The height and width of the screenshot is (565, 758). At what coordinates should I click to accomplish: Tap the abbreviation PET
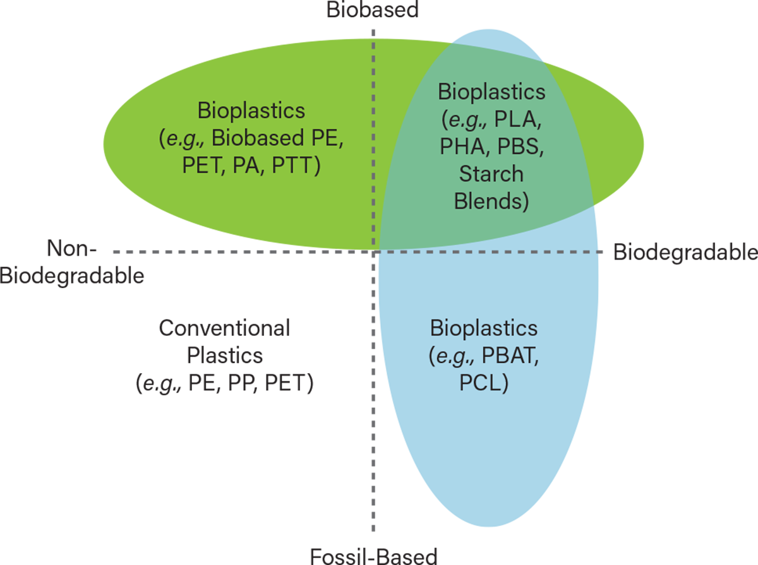(x=201, y=168)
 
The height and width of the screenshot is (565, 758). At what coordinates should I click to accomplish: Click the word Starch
(x=491, y=174)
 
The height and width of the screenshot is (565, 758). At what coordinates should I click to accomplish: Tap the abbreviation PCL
(x=484, y=383)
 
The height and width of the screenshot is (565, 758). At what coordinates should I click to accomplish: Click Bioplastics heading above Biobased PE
(x=251, y=111)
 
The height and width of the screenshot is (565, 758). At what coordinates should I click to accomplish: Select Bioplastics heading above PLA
(x=491, y=92)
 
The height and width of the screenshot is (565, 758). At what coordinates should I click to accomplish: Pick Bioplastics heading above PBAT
(x=484, y=328)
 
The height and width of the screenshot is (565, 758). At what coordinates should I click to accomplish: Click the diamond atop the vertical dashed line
(x=373, y=29)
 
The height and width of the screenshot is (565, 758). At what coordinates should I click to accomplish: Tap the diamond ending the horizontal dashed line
(x=603, y=252)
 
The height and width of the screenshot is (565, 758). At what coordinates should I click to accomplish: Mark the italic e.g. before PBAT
(x=450, y=356)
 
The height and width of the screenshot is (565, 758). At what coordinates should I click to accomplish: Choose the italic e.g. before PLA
(x=460, y=119)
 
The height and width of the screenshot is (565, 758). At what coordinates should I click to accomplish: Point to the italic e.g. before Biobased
(x=183, y=140)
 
